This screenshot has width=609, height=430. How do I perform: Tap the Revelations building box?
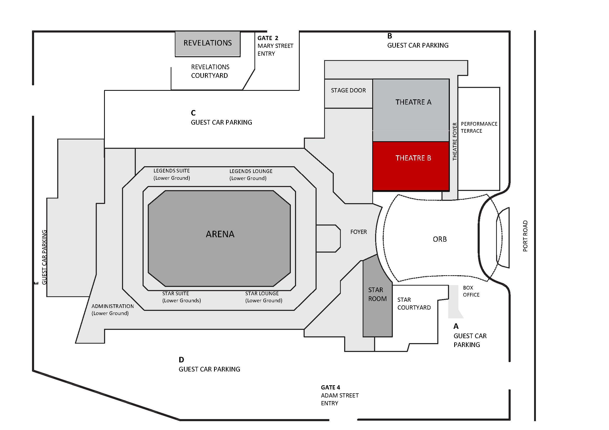tap(207, 43)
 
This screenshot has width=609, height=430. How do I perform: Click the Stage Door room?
tap(348, 93)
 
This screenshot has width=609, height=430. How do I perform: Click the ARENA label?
tap(220, 234)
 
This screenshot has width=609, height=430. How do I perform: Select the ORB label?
tap(439, 239)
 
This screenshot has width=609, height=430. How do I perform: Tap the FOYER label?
tap(358, 232)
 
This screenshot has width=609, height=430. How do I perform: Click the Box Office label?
tap(471, 291)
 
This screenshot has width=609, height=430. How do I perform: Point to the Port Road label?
tap(525, 236)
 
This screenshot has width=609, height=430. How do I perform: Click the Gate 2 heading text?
tap(268, 38)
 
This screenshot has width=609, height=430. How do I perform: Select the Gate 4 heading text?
tap(330, 387)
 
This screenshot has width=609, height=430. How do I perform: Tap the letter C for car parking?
tap(193, 113)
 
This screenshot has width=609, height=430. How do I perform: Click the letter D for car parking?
tap(181, 360)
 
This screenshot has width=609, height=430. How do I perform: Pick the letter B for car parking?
tap(389, 36)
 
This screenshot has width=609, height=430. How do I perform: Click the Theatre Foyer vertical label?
tap(455, 142)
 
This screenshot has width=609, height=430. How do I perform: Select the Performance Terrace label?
tap(479, 127)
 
